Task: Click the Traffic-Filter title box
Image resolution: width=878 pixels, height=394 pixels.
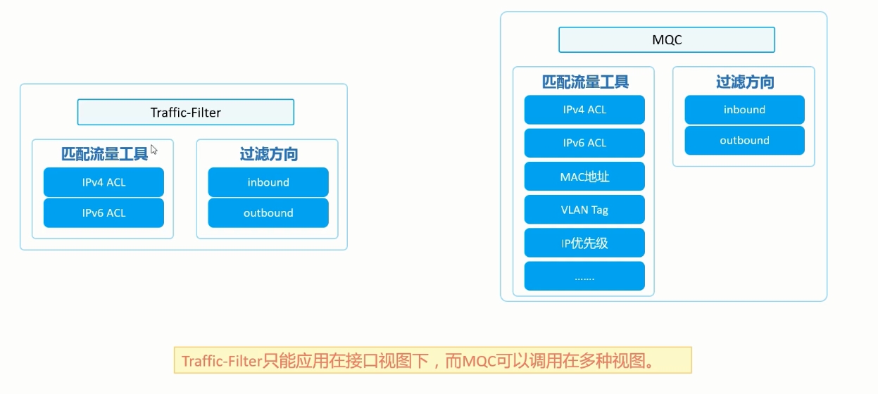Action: click(x=185, y=113)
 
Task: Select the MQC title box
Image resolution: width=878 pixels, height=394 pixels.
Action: click(x=666, y=40)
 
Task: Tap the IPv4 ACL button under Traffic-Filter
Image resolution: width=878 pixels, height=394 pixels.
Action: click(x=104, y=182)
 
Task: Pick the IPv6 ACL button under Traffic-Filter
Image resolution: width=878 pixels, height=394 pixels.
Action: click(x=104, y=213)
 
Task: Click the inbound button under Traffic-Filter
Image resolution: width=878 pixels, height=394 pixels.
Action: click(x=268, y=182)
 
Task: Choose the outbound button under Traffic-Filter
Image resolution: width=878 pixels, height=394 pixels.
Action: click(x=268, y=213)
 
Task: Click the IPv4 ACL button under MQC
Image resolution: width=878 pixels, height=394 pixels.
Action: click(x=584, y=110)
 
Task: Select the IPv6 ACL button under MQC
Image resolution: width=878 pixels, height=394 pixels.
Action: click(x=584, y=143)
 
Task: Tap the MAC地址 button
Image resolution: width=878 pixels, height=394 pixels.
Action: click(x=584, y=176)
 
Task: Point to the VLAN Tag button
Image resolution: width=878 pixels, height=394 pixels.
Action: click(x=584, y=210)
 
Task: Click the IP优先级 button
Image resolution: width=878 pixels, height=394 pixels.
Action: click(x=584, y=243)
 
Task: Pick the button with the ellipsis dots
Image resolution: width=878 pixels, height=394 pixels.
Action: click(x=584, y=277)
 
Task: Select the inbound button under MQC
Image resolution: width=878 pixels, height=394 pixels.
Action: click(x=744, y=110)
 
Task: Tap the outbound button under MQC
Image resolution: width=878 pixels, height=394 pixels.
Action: click(x=744, y=141)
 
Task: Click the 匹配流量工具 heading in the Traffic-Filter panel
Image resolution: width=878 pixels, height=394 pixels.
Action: click(x=104, y=154)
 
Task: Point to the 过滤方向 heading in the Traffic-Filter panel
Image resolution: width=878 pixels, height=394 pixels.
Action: click(x=268, y=154)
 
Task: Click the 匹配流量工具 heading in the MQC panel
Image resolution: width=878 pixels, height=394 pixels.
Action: click(x=585, y=82)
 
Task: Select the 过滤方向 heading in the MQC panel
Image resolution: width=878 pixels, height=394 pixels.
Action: click(x=745, y=82)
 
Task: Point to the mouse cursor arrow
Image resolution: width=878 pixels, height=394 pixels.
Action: click(x=153, y=149)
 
